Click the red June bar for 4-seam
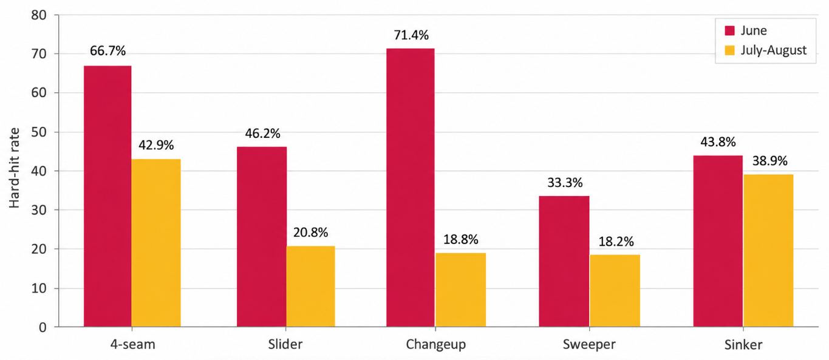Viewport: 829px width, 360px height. (107, 196)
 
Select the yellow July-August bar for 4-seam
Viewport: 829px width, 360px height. (156, 243)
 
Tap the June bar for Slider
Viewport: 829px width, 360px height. (262, 237)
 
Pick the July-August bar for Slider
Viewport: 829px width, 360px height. (311, 287)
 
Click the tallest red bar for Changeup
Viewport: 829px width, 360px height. (411, 188)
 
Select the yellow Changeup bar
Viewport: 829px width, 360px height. (461, 290)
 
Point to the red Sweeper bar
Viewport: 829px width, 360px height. (564, 261)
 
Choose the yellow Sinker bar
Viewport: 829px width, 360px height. (768, 251)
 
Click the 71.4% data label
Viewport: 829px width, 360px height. (411, 35)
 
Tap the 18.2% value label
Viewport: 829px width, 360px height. (616, 242)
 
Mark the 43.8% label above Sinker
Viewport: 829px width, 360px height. (718, 141)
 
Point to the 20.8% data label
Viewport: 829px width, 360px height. (310, 233)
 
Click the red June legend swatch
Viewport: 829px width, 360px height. (729, 31)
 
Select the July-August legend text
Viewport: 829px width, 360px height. (774, 50)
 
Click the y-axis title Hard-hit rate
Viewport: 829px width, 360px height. (14, 168)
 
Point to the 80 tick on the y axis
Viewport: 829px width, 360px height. (39, 15)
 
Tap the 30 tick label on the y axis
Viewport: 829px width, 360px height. (39, 210)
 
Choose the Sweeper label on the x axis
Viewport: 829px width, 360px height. (589, 344)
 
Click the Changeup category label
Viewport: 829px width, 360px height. (435, 345)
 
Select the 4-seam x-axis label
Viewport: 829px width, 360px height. (132, 344)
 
